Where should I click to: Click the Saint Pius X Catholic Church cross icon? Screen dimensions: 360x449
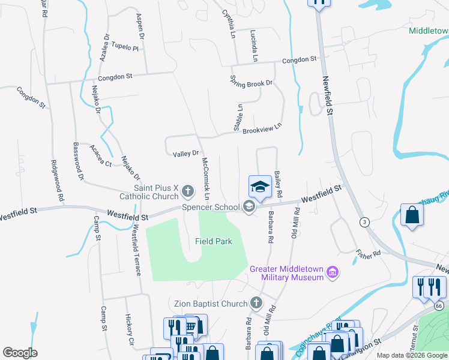188,192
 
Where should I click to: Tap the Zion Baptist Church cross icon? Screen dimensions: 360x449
257,303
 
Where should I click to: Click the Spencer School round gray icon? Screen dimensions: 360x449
249,207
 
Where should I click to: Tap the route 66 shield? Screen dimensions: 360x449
439,306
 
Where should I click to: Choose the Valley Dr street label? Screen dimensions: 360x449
185,154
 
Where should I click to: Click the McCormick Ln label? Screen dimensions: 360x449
206,179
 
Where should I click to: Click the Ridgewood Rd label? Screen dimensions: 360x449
58,180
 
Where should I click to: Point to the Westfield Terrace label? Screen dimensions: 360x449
136,250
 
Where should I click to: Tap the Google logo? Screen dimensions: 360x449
20,353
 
